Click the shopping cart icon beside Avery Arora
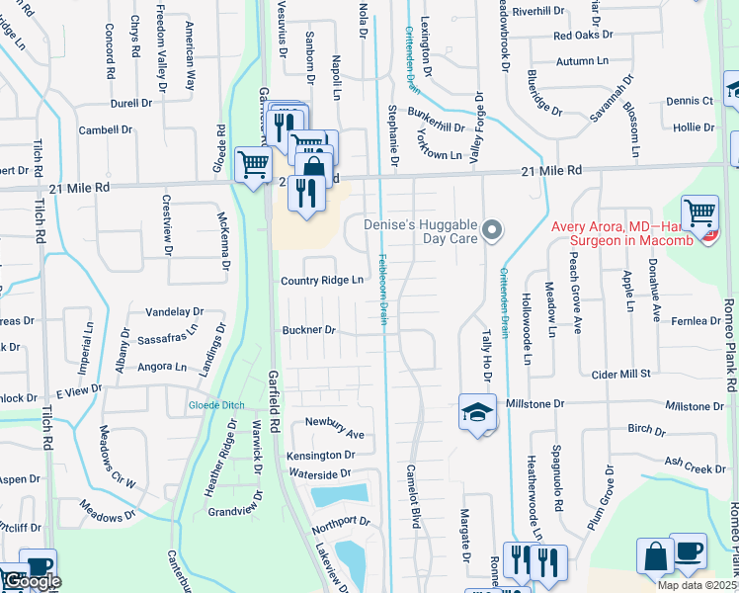(x=700, y=212)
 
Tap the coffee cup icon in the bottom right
(x=688, y=551)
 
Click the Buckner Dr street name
(x=309, y=330)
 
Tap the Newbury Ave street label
(x=334, y=435)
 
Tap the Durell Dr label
(x=131, y=102)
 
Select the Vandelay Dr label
(x=173, y=311)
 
